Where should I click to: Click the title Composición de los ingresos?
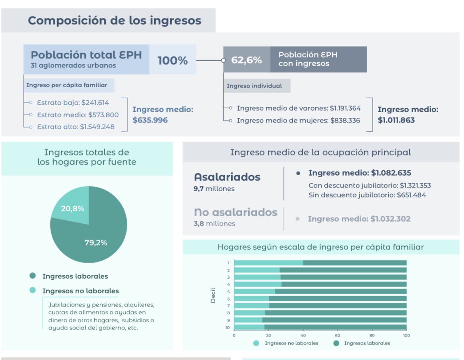114,20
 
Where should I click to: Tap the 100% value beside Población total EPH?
173,61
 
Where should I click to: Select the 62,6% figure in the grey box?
247,60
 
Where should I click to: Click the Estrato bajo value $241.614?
95,102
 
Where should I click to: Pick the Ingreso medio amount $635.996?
150,120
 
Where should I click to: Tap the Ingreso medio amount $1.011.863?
396,120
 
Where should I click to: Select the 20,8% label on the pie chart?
72,209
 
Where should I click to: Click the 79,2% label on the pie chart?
96,243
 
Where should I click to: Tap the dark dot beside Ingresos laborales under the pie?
33,276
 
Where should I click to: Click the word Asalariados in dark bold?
227,177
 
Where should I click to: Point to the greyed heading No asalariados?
236,212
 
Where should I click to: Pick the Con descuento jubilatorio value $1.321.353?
415,186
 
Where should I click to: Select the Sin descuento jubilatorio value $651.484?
411,195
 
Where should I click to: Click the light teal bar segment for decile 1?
268,262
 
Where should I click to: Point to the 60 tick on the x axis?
337,335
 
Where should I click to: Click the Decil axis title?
213,295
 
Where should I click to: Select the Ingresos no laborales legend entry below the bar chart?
291,343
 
